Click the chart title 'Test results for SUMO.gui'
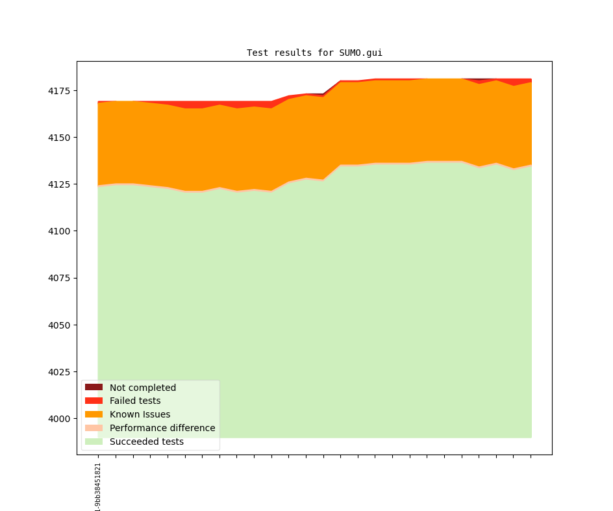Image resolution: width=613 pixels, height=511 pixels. pyautogui.click(x=314, y=53)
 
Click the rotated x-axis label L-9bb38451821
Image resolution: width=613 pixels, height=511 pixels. pyautogui.click(x=98, y=486)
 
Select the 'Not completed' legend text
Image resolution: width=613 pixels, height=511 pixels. pyautogui.click(x=143, y=388)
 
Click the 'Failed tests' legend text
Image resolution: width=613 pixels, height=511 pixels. pyautogui.click(x=135, y=401)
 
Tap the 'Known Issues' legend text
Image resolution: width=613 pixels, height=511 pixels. pyautogui.click(x=140, y=414)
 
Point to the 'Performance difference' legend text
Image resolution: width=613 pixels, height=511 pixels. pyautogui.click(x=162, y=428)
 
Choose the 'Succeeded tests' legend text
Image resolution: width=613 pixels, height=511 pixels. pyautogui.click(x=147, y=442)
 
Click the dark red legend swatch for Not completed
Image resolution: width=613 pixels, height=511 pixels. pyautogui.click(x=94, y=388)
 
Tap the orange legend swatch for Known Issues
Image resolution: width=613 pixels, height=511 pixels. pyautogui.click(x=94, y=414)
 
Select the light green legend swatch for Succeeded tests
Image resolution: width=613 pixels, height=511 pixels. pyautogui.click(x=94, y=442)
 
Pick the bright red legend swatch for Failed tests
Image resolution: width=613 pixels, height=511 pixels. pyautogui.click(x=94, y=401)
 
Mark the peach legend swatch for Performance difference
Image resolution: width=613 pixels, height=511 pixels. pyautogui.click(x=94, y=428)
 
